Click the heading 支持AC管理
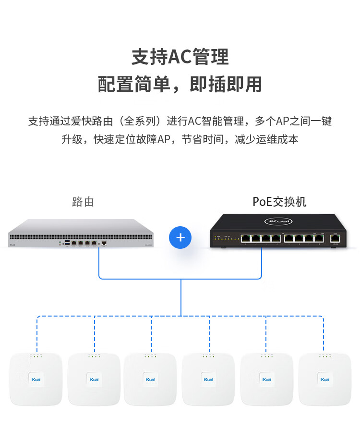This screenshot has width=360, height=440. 180,57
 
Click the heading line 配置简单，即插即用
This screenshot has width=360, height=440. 180,85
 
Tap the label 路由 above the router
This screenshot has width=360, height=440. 83,202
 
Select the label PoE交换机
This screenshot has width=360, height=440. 279,202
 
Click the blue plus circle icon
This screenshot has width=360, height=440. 180,237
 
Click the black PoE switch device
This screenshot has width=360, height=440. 279,232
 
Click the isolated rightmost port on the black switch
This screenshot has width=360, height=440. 336,238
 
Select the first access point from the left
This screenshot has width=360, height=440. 36,379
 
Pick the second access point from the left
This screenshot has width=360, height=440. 94,379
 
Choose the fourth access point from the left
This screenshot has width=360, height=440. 208,379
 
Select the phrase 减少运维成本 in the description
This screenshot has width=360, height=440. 267,140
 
